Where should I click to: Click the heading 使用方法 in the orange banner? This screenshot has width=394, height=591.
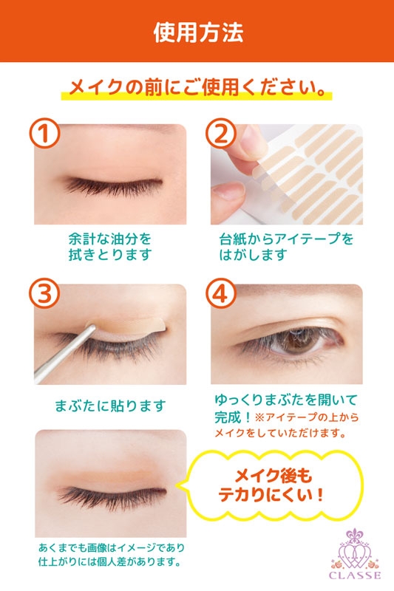point(198,33)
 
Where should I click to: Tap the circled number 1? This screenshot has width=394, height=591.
point(45,134)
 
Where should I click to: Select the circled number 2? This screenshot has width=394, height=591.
point(221,134)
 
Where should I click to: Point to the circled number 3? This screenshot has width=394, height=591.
point(45,294)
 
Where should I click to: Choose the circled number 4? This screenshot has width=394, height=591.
point(221,294)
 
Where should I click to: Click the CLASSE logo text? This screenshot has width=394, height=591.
point(355,575)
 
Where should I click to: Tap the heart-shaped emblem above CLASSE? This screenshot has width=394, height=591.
point(354,550)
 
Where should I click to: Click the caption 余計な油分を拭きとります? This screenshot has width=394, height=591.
point(109,247)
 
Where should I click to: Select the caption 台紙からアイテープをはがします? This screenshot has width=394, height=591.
point(286,247)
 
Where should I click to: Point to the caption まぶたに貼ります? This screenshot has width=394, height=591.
point(110,406)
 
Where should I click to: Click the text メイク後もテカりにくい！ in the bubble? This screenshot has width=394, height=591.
point(272,485)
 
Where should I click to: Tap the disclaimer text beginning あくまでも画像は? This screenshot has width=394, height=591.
point(111,555)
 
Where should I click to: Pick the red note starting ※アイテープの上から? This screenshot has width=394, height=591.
point(287,426)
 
